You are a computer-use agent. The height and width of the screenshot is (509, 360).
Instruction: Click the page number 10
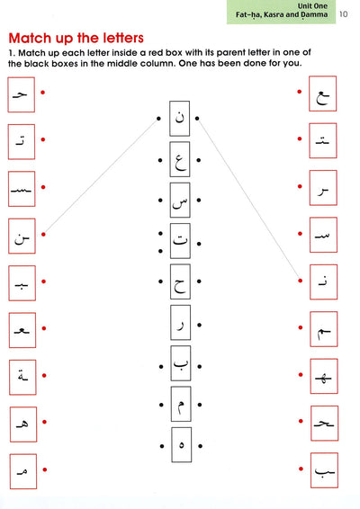[344, 14]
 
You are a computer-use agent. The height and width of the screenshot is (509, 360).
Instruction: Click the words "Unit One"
[312, 5]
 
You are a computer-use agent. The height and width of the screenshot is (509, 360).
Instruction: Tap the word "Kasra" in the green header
[274, 14]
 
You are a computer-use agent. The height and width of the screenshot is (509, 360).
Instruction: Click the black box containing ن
[180, 119]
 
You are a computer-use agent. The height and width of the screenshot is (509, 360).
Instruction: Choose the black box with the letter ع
[180, 159]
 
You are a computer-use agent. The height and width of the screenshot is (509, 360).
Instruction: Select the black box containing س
[180, 200]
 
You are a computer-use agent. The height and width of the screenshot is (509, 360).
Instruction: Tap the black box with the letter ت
[180, 241]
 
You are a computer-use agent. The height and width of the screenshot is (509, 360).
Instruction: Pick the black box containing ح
[180, 281]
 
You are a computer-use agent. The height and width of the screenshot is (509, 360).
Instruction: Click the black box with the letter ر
[181, 322]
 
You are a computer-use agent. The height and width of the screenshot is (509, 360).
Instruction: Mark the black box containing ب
[181, 363]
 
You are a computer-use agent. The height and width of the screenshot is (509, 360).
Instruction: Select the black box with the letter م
[181, 404]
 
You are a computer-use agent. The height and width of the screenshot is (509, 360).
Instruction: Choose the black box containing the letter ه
[181, 445]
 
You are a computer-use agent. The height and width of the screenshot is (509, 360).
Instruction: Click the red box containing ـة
[22, 377]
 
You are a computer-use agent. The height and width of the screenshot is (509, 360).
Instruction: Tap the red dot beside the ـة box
[44, 376]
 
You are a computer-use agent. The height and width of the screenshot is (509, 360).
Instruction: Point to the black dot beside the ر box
[199, 325]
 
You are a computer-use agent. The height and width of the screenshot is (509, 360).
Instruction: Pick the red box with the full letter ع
[322, 94]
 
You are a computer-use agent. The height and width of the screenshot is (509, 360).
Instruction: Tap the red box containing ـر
[323, 188]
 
